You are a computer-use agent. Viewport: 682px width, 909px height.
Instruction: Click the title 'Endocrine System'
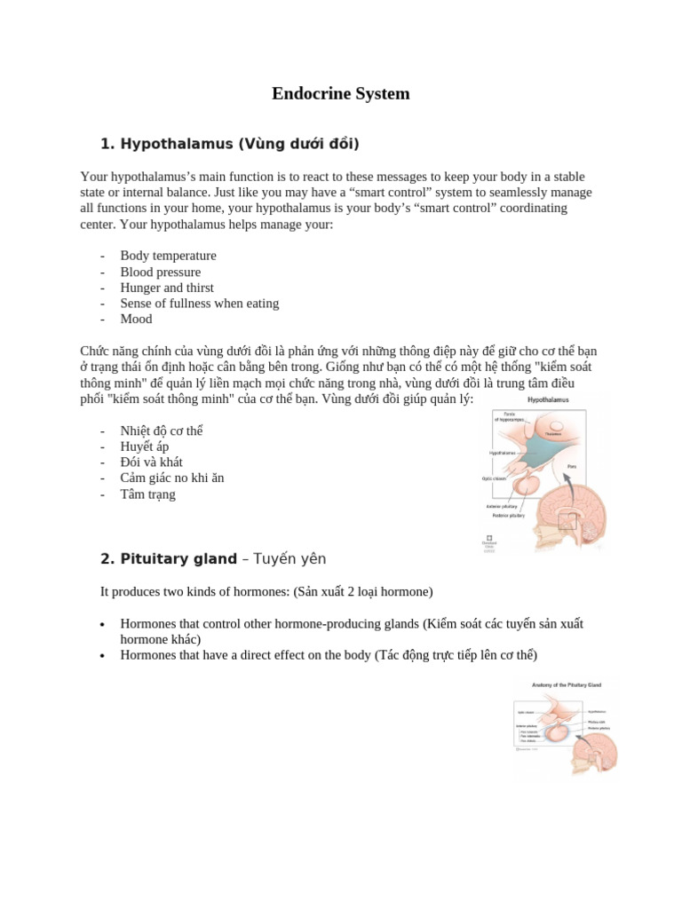(340, 93)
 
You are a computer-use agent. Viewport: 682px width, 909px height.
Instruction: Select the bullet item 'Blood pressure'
(161, 272)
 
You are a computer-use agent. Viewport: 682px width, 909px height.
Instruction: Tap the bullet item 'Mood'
(136, 319)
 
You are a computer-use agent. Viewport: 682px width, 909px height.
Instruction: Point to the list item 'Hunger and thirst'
(167, 288)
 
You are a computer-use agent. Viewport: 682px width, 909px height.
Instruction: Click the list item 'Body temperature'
(168, 256)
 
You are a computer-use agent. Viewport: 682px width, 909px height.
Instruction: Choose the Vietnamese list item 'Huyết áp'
(144, 447)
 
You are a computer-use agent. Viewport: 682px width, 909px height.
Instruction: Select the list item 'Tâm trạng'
(147, 494)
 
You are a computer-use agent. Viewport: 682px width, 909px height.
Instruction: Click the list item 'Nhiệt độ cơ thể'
(162, 431)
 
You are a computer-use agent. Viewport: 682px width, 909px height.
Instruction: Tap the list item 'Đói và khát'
(151, 462)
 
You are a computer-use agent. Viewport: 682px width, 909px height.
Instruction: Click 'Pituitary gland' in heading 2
(178, 559)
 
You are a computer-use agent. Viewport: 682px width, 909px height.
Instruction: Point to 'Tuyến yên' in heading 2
(289, 559)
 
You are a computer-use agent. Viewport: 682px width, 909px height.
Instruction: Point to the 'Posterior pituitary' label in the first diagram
(508, 515)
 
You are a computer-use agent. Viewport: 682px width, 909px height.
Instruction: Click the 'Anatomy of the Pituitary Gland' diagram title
(566, 685)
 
